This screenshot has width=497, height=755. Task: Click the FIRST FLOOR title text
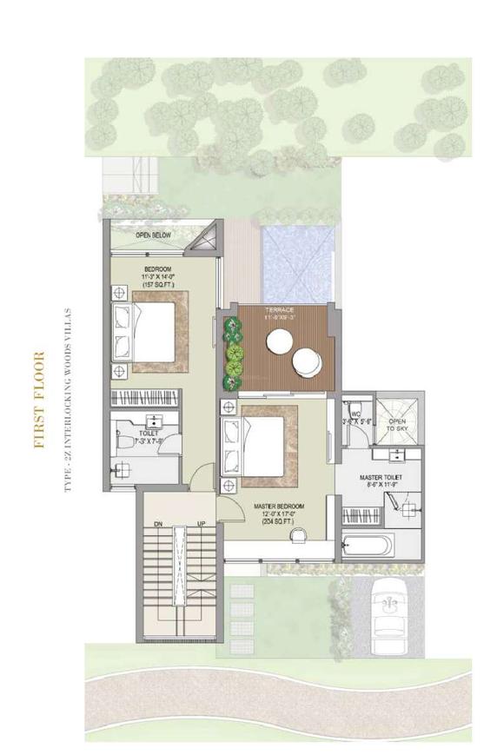click(x=38, y=399)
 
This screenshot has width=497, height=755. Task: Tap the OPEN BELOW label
click(x=153, y=235)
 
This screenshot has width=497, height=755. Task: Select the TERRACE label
click(x=280, y=310)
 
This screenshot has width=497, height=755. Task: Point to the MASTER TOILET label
click(x=380, y=478)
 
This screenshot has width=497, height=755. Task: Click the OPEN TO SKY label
click(x=397, y=425)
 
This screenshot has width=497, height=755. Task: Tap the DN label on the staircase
click(x=158, y=524)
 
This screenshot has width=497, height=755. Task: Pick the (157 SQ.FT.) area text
click(x=158, y=287)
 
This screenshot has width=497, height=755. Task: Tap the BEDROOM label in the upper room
click(x=158, y=268)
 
